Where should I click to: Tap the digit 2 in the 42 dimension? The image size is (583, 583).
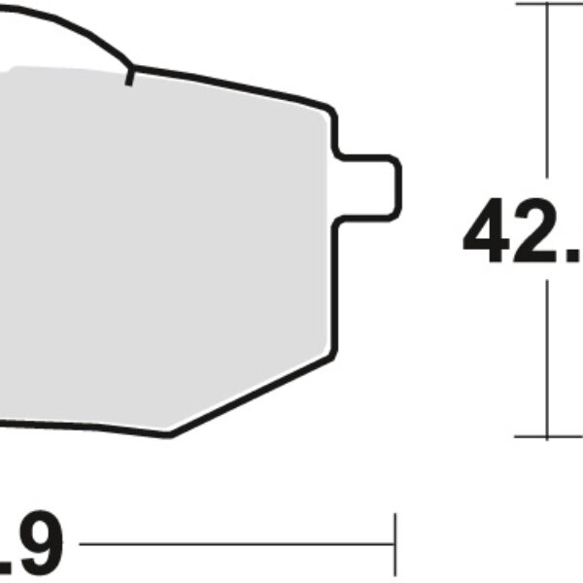coord(535,234)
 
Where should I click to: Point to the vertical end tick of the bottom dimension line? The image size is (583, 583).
coord(394,545)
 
